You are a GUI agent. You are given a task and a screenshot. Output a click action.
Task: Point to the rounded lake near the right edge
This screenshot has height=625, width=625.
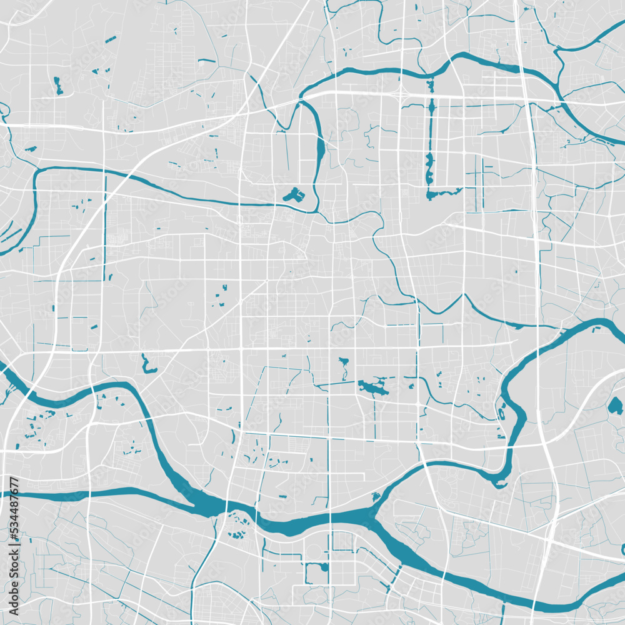[x=615, y=406]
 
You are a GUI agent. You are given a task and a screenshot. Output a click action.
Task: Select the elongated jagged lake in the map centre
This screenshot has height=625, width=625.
[x=373, y=387]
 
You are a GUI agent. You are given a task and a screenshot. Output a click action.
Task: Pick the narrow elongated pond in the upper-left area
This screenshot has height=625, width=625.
[x=58, y=86]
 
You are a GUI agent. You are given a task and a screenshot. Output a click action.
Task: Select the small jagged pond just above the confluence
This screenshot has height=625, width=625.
[x=375, y=497]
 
